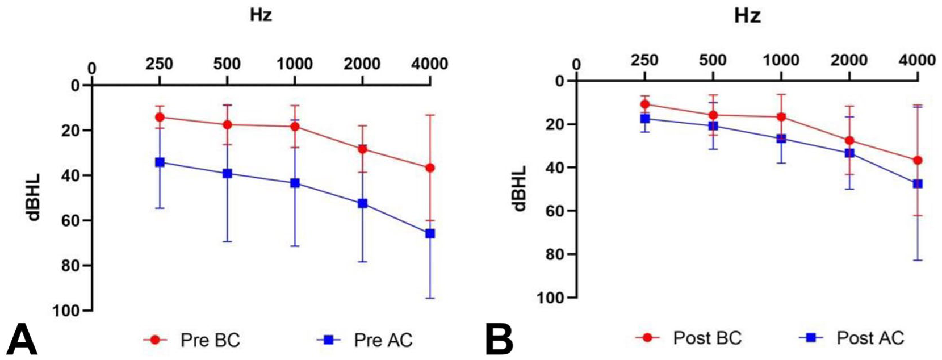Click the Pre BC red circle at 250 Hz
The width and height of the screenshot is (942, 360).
[x=160, y=117]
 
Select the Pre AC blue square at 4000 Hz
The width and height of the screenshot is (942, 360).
[x=430, y=233]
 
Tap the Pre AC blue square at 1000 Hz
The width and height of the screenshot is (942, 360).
[x=295, y=183]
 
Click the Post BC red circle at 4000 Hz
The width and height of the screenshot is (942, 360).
[x=918, y=160]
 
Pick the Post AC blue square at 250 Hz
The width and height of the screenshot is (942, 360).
[x=644, y=119]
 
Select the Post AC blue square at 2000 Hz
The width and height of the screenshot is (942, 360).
[x=849, y=153]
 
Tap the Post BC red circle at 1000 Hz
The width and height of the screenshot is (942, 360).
[x=781, y=116]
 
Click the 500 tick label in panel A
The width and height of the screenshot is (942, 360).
[x=227, y=64]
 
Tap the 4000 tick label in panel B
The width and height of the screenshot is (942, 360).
[x=918, y=60]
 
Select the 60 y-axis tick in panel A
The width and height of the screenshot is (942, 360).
[x=70, y=220]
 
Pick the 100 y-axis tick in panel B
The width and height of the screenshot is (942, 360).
[x=550, y=298]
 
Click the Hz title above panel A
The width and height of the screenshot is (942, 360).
[x=261, y=15]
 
